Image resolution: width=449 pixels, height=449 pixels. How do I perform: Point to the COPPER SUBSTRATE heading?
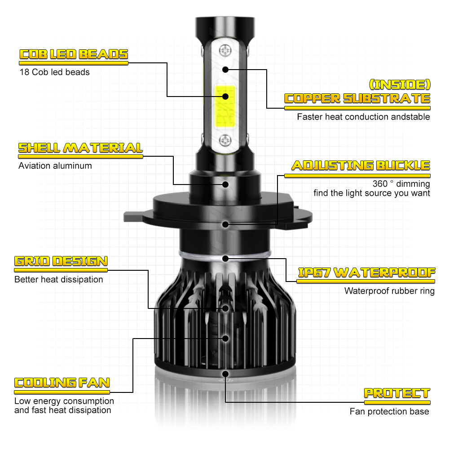coord(357,99)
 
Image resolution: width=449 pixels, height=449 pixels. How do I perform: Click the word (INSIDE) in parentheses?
coord(399,84)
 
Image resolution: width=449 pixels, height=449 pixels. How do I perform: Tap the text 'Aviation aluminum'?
coord(55,166)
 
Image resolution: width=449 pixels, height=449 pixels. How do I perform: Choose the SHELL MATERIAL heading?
coord(80,148)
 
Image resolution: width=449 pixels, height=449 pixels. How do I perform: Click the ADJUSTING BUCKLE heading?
coord(361,165)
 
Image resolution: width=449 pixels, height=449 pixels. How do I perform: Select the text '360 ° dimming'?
coord(401,184)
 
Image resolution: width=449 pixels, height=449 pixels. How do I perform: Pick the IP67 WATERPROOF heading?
coord(366,273)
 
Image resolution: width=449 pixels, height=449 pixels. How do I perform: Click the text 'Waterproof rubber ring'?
coord(389,291)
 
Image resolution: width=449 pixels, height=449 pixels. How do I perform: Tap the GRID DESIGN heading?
coord(61,261)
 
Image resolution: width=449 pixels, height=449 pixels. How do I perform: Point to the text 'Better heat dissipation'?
coord(59,280)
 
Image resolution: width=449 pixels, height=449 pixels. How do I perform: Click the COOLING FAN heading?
coord(62,383)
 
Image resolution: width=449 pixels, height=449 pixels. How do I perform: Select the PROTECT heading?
coord(396,393)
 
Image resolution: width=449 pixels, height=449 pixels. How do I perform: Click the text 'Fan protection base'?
coord(389,412)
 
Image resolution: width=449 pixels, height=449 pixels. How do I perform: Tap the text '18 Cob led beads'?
coord(54,72)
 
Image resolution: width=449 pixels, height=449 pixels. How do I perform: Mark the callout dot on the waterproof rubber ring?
coord(225,259)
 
